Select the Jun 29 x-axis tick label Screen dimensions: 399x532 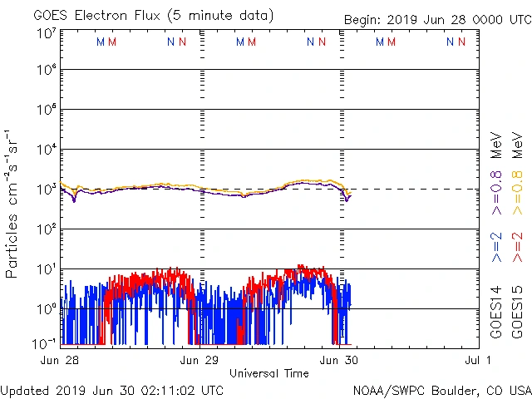click(200, 360)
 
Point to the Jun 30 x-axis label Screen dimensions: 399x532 click(339, 360)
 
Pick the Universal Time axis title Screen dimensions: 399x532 click(269, 373)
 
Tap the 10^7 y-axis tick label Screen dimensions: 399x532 click(47, 33)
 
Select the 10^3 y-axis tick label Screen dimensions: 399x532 click(47, 190)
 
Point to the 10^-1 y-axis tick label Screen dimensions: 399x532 click(47, 343)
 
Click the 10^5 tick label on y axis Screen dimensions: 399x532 click(47, 111)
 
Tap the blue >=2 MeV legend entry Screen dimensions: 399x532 click(496, 246)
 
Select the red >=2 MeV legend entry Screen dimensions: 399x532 click(518, 246)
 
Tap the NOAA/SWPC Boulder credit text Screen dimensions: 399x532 click(441, 389)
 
